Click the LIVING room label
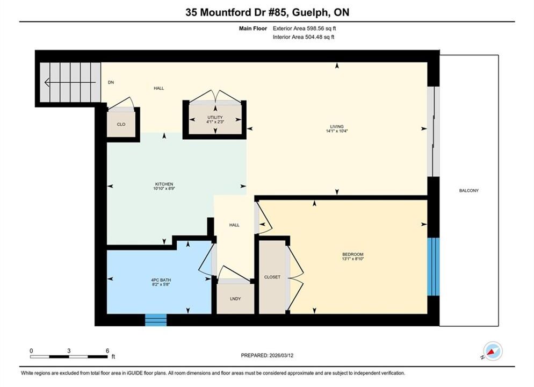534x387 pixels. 336,126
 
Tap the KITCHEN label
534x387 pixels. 164,184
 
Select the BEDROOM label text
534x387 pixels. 353,254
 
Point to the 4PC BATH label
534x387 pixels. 161,280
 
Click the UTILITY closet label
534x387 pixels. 215,117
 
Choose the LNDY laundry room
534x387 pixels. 235,298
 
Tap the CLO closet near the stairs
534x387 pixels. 121,124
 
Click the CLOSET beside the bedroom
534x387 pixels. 272,277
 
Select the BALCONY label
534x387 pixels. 469,190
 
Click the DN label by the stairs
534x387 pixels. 111,82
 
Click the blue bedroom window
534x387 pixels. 434,267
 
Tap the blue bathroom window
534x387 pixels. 156,320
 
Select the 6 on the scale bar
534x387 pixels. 107,351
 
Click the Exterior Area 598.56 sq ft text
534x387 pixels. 305,28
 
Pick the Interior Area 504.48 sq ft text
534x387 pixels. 304,37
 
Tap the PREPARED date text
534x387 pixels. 267,355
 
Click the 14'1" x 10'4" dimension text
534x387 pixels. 336,131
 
